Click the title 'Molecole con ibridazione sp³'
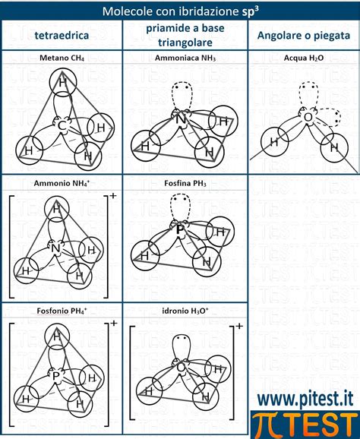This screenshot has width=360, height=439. (x=180, y=11)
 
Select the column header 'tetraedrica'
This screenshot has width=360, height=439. (x=62, y=36)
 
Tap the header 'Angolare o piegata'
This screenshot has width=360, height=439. (x=304, y=36)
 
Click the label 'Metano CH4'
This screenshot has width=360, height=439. (x=62, y=58)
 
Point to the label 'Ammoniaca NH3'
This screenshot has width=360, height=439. (x=185, y=58)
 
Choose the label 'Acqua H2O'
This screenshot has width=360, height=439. (x=304, y=58)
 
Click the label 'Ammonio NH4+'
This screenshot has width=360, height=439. (x=62, y=183)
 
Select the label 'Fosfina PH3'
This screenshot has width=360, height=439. (x=185, y=183)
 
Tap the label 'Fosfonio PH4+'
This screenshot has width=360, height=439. (x=62, y=311)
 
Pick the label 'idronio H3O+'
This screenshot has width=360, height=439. (x=185, y=311)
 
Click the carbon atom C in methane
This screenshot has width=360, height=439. (x=62, y=125)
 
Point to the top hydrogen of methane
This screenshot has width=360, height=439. (x=63, y=82)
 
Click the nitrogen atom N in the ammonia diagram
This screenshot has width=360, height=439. (x=181, y=119)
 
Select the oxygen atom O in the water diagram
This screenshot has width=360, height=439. (x=308, y=117)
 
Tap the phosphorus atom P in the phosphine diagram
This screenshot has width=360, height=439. (x=180, y=230)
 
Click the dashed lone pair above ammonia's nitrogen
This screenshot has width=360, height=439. (x=182, y=96)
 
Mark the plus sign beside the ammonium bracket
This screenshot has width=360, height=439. (x=113, y=195)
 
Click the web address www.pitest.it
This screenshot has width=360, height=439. (x=305, y=399)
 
